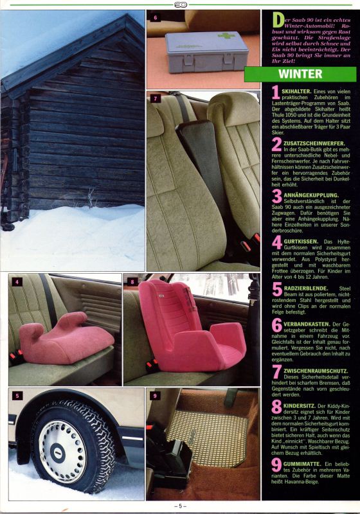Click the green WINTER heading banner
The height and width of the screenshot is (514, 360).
300,74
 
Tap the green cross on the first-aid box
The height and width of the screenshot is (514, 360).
227,35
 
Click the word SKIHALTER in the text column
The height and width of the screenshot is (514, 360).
296,91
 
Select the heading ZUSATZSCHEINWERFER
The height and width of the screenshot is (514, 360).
314,143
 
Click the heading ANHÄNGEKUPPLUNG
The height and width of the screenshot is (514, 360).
311,195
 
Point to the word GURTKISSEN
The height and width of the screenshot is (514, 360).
301,242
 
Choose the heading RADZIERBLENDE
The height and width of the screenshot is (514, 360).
306,288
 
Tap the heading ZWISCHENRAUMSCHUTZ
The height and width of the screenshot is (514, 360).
316,371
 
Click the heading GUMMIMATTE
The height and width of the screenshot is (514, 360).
302,464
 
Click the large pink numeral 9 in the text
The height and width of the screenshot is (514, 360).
276,465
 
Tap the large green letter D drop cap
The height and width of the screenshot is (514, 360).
278,21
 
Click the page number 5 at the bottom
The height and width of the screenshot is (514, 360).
180,506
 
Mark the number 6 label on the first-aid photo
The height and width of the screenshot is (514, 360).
155,18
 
